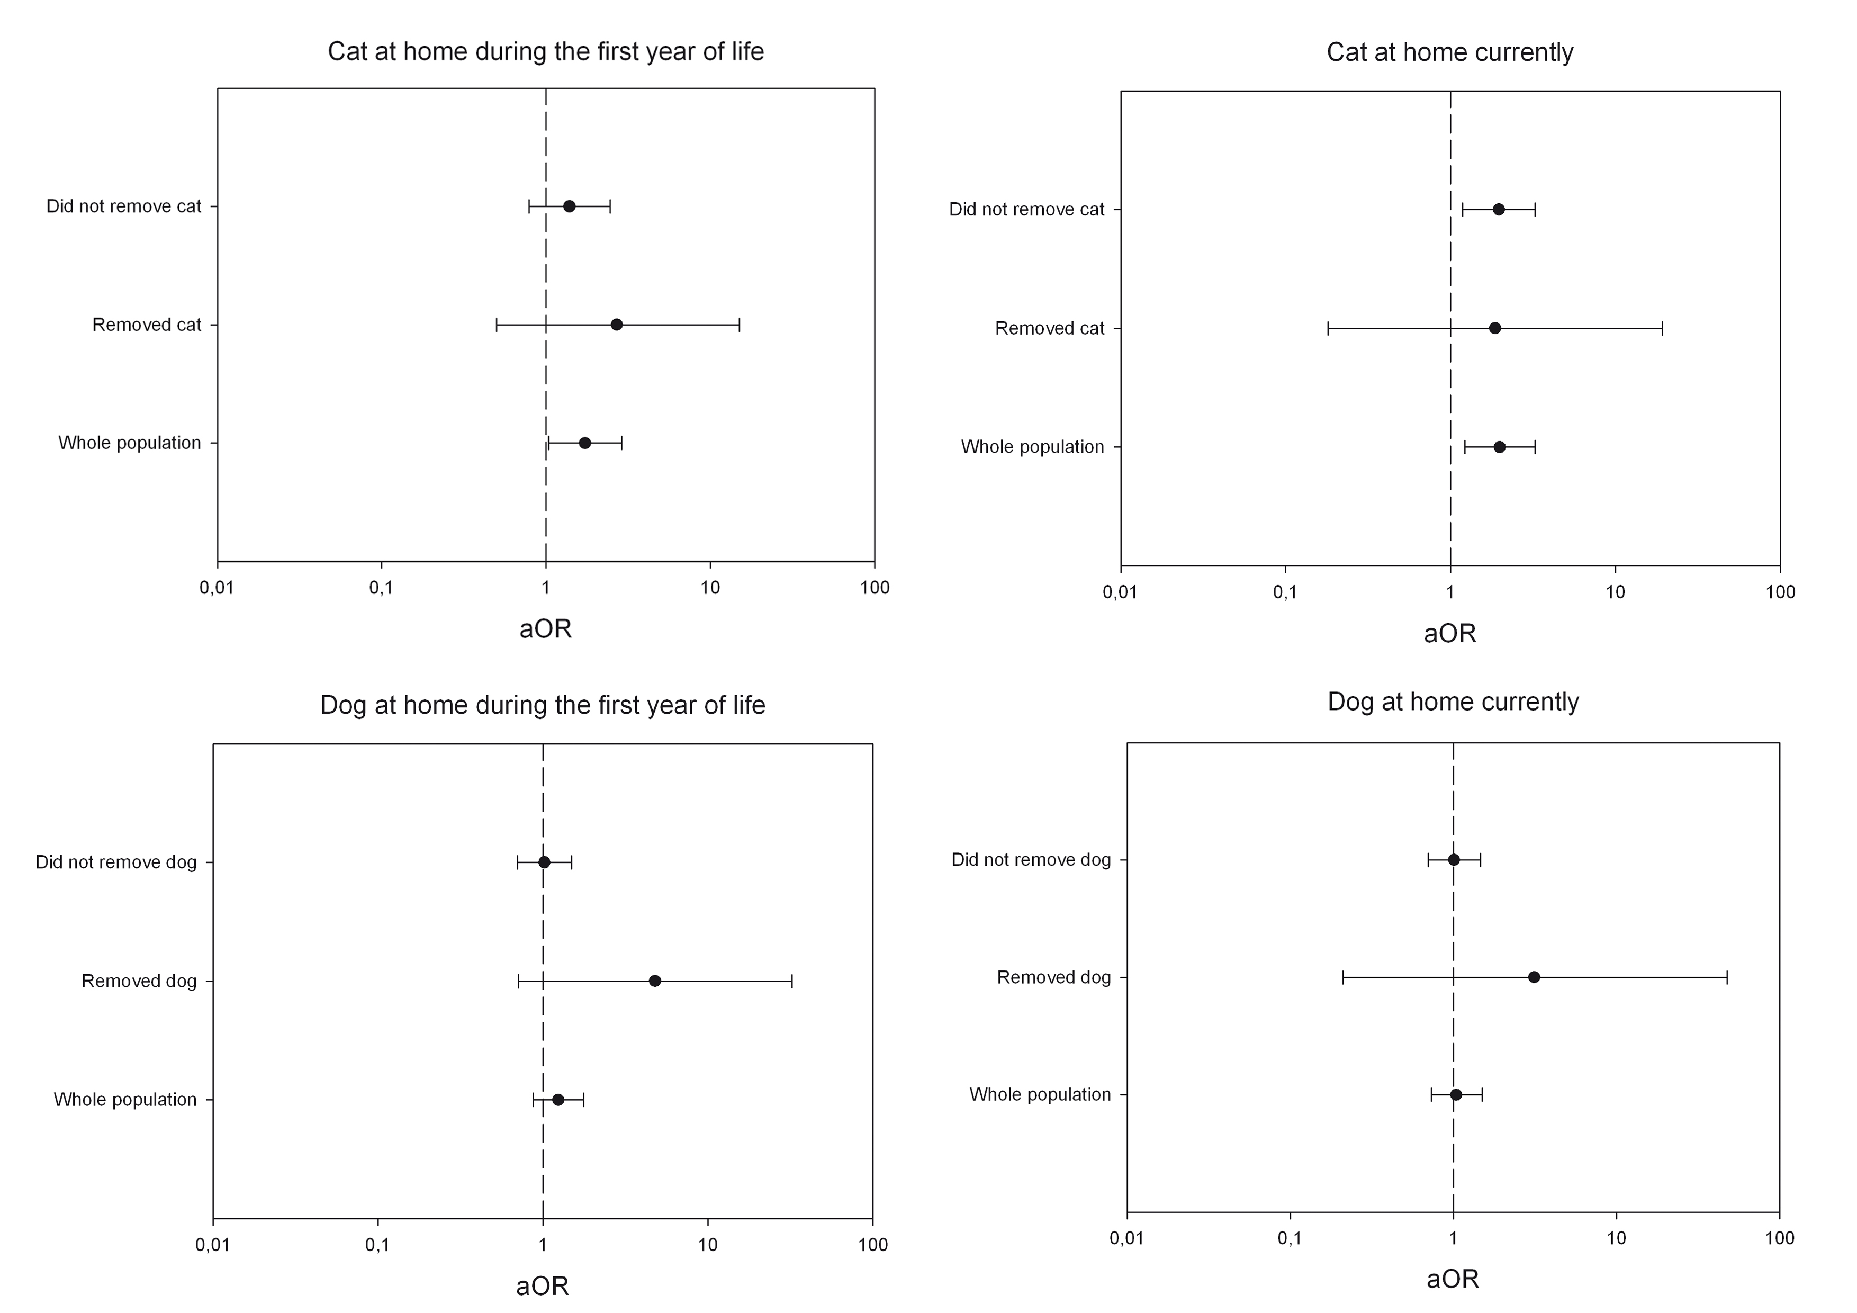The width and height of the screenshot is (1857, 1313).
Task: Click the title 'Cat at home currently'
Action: (x=1449, y=52)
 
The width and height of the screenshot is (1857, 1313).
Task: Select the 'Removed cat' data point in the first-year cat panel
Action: (x=616, y=325)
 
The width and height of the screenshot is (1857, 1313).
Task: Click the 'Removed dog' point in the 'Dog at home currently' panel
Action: (x=1534, y=977)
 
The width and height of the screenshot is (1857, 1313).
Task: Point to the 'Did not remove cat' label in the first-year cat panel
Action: (x=124, y=206)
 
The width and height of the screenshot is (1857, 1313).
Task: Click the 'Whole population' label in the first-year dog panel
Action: (x=125, y=1100)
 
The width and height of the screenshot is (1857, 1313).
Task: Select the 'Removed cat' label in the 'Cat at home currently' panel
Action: (x=1049, y=328)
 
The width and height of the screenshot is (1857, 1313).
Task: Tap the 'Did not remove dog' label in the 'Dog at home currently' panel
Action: (x=1031, y=860)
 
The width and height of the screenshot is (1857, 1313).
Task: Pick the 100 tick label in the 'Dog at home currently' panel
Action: (x=1779, y=1238)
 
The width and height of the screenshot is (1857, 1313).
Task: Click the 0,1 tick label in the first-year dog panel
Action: (x=378, y=1245)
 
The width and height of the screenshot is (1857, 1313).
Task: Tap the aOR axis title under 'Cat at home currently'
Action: (x=1449, y=633)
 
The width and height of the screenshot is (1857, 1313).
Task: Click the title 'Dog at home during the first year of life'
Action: (x=542, y=705)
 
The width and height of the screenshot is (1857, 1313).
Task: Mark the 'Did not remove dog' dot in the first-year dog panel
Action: (x=544, y=862)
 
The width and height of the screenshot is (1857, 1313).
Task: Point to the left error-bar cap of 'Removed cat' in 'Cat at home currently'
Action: (x=1328, y=328)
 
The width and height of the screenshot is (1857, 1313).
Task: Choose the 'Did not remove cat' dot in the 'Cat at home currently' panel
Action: (x=1498, y=210)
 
